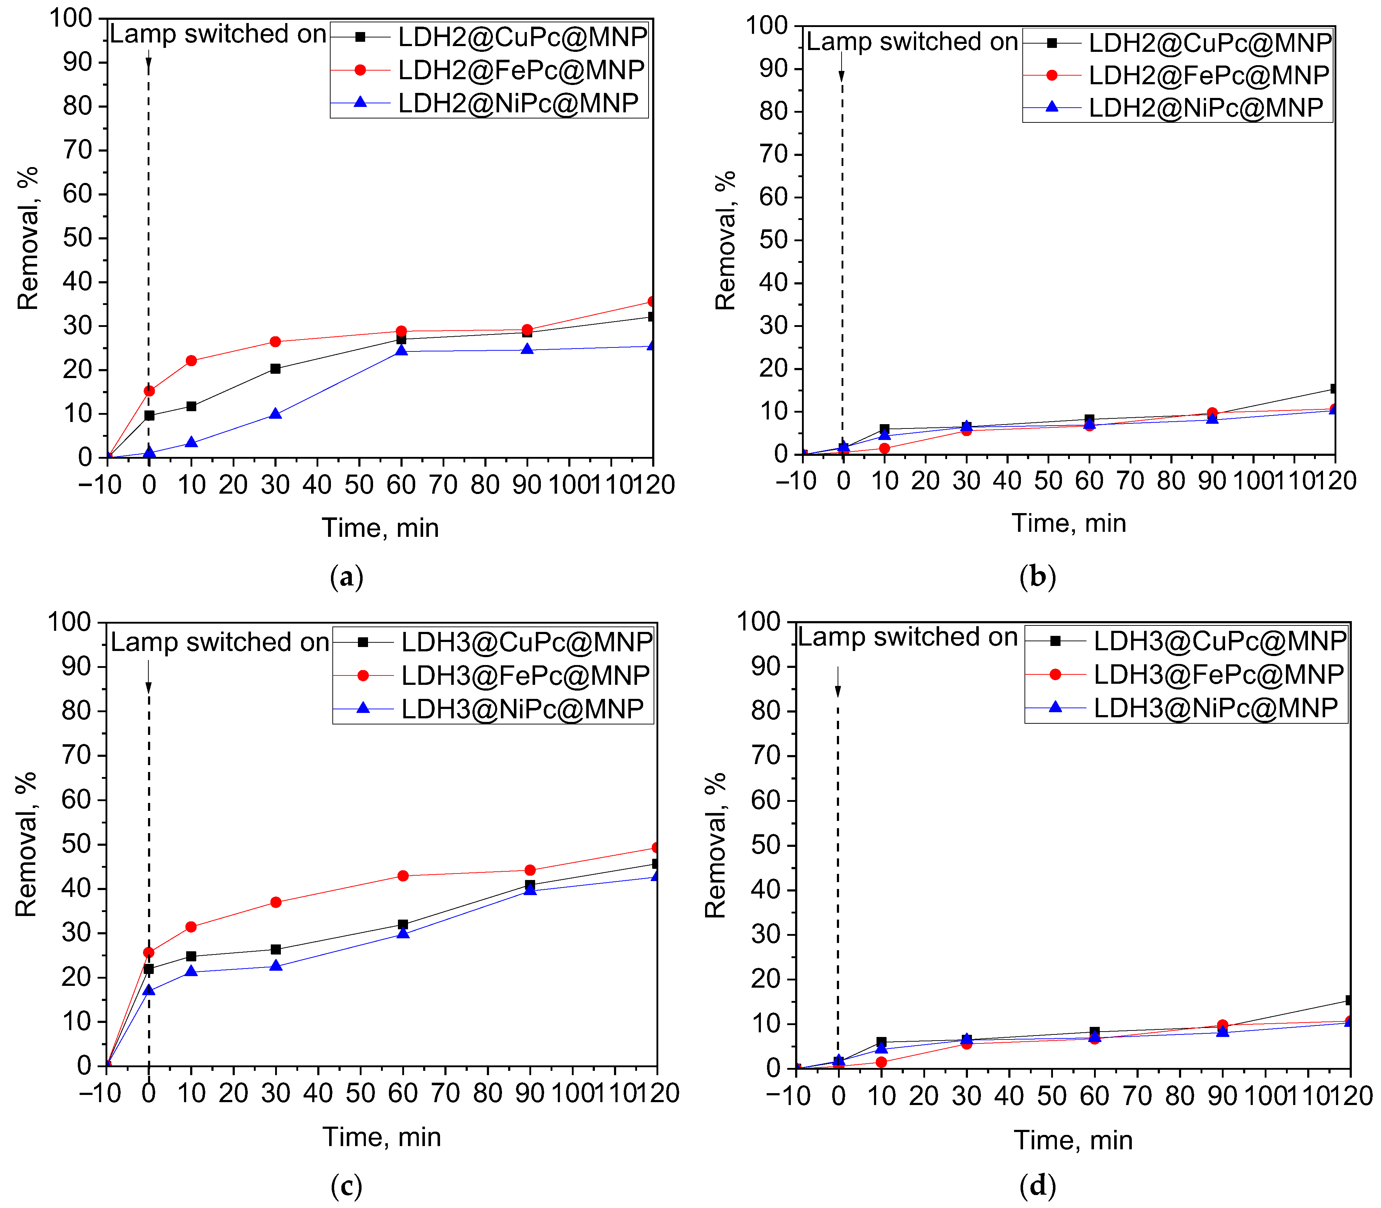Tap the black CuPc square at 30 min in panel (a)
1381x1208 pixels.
point(275,369)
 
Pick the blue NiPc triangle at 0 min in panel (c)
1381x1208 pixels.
point(149,990)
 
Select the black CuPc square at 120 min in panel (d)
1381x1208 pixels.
point(1349,1000)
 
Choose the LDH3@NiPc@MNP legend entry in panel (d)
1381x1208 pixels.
point(1215,707)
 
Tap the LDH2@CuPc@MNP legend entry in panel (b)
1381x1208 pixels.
point(1210,42)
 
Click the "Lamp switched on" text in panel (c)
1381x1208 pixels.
point(220,642)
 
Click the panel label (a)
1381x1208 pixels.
point(346,577)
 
